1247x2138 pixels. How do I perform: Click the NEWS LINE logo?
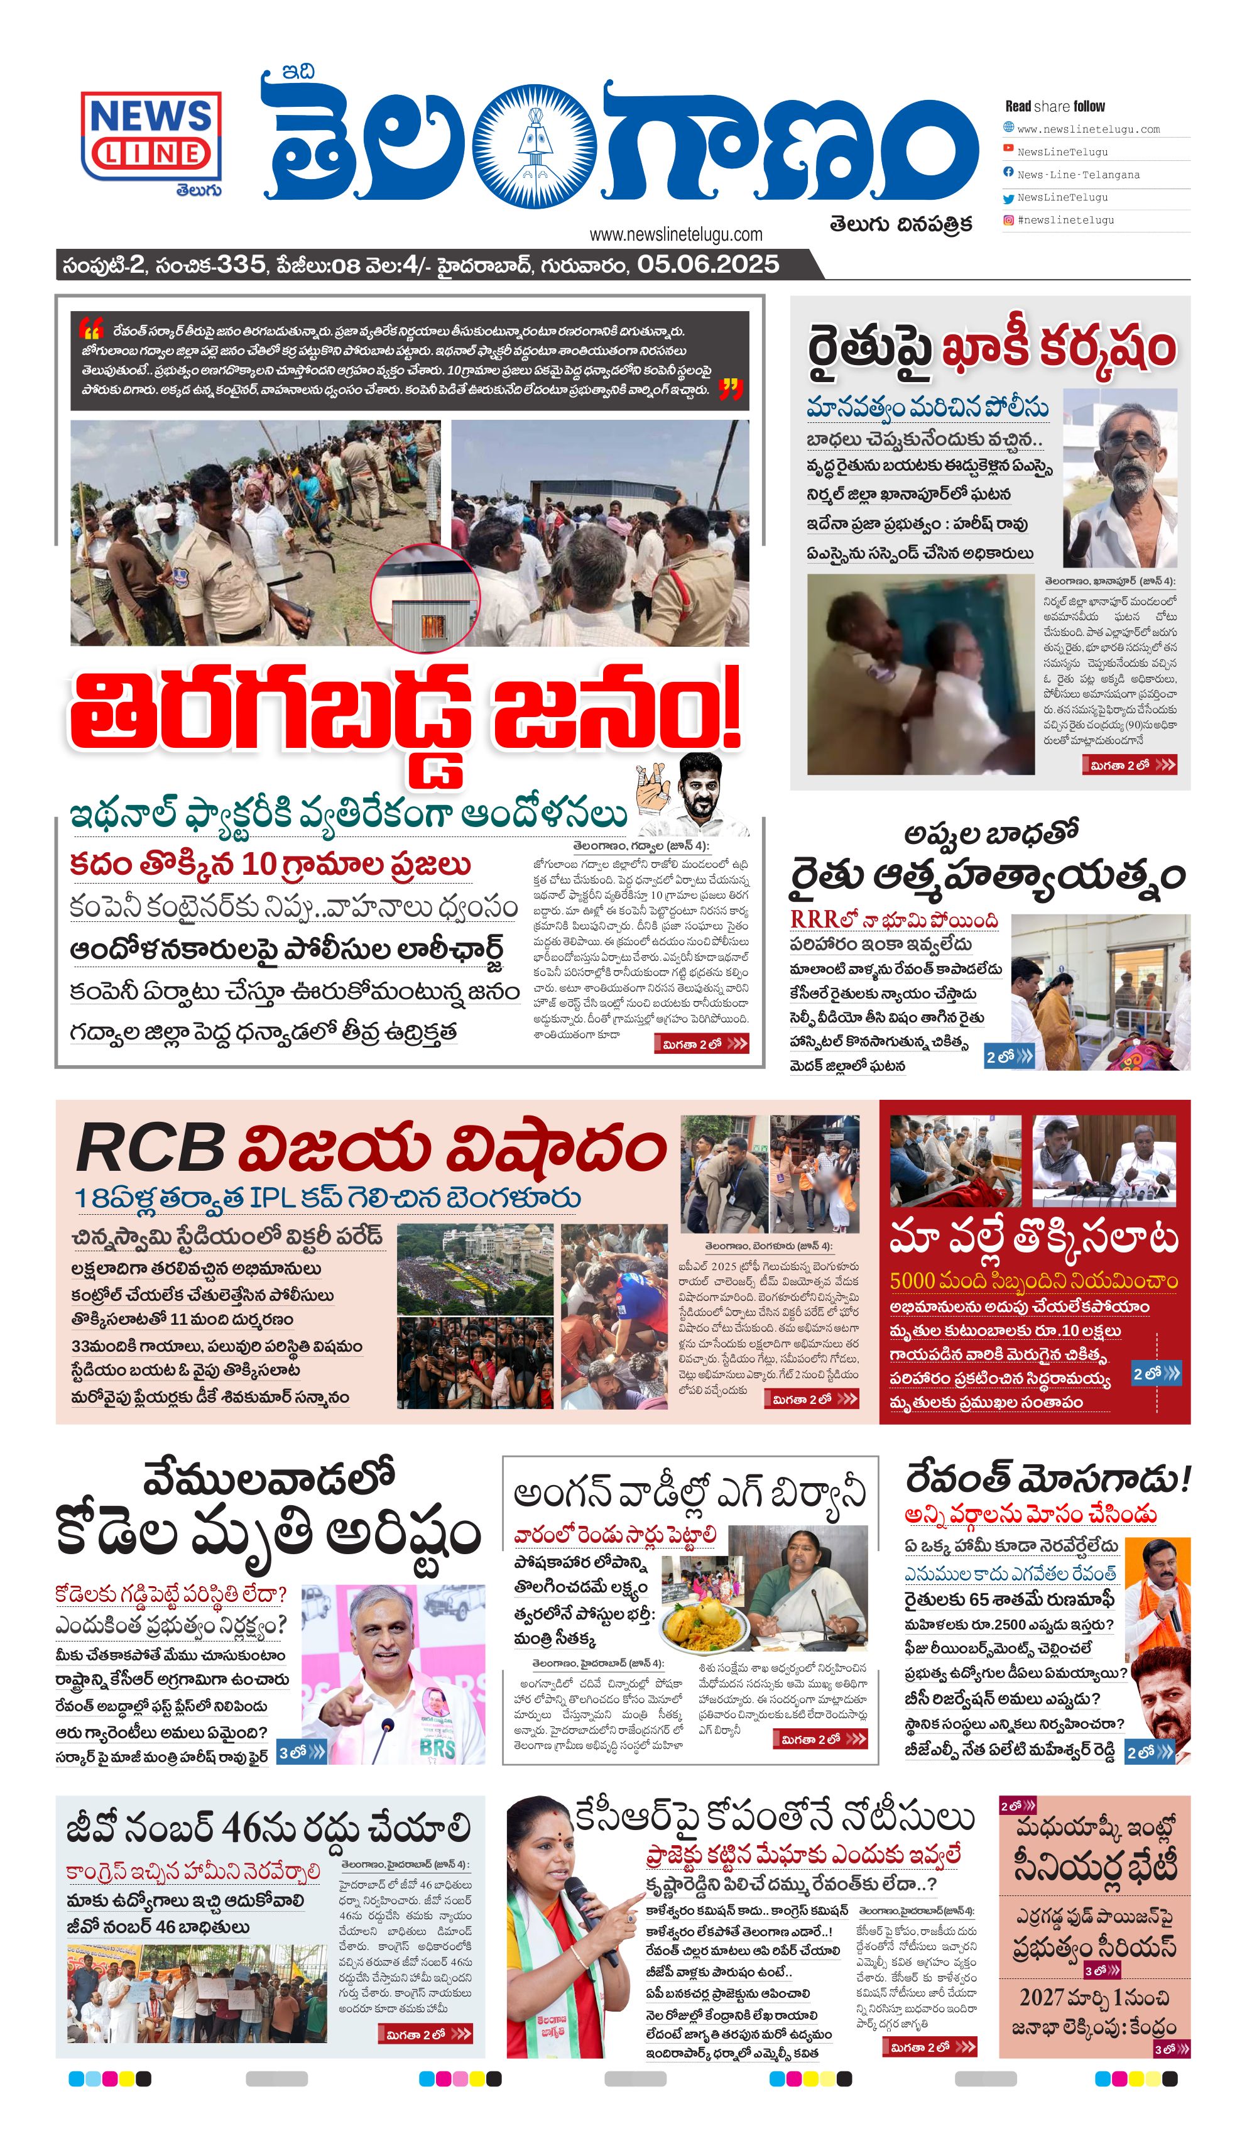point(151,136)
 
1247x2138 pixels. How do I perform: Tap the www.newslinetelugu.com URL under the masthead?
point(675,234)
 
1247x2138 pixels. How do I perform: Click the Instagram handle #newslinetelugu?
point(1065,220)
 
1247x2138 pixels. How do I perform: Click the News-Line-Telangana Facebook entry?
point(1078,175)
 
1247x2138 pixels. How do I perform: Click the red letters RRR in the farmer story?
point(814,919)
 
